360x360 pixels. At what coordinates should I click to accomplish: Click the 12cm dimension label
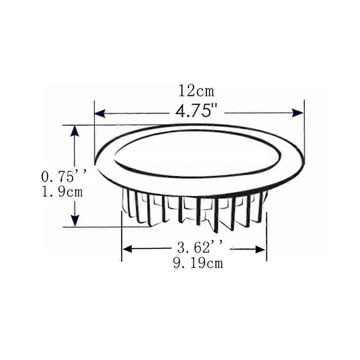click(x=196, y=91)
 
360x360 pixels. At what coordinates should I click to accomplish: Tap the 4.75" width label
click(x=196, y=111)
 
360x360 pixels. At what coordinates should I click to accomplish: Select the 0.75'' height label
click(x=65, y=177)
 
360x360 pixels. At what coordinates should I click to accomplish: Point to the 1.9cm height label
click(x=62, y=192)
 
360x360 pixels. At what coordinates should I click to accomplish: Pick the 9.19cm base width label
click(x=198, y=263)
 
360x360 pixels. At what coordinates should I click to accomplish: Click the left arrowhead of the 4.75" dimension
click(x=100, y=113)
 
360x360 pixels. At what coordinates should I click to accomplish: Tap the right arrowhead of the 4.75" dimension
click(x=298, y=113)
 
